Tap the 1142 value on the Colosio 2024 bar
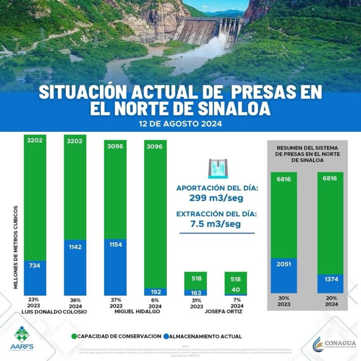[x=75, y=247]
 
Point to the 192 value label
[x=155, y=291]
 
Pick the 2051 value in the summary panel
[x=283, y=264]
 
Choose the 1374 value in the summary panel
[x=330, y=280]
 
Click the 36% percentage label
[x=75, y=300]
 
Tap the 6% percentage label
[x=155, y=300]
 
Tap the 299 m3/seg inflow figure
[x=217, y=198]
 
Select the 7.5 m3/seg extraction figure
[x=217, y=224]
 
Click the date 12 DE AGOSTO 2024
[x=180, y=125]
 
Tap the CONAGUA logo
[x=332, y=345]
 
